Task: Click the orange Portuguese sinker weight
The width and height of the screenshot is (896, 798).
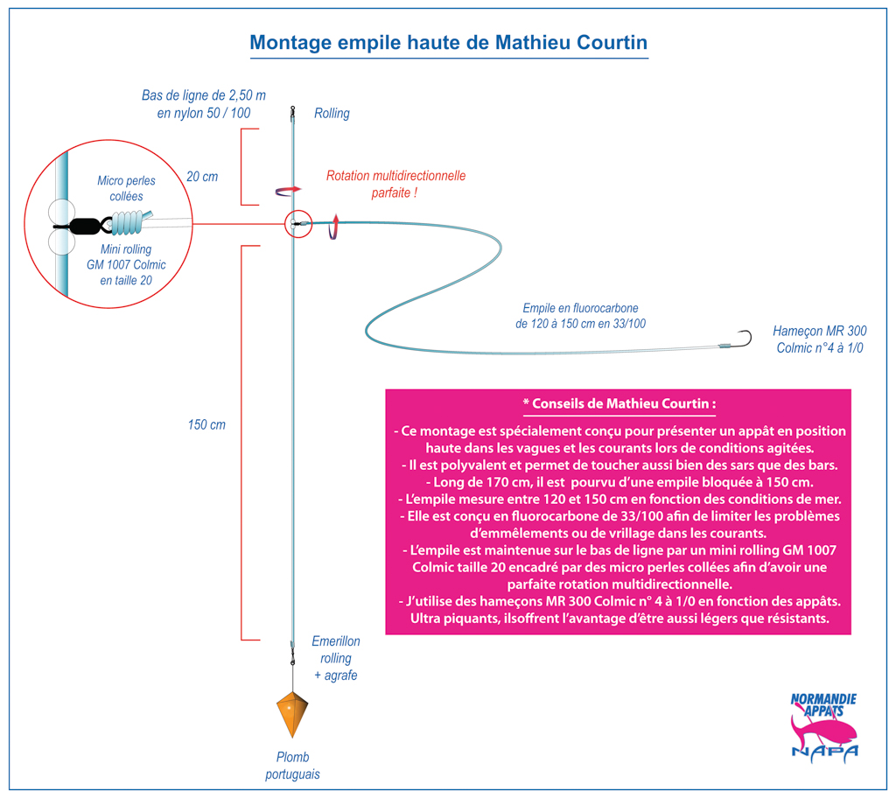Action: (292, 713)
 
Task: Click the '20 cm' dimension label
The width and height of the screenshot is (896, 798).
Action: (202, 177)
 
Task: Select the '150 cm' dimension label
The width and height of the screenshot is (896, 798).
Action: (206, 424)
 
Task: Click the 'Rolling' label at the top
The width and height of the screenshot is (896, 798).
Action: (332, 113)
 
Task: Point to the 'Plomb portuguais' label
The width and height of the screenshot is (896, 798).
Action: (292, 766)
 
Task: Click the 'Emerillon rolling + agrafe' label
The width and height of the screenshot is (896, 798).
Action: (336, 658)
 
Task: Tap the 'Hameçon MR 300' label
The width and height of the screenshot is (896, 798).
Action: (819, 331)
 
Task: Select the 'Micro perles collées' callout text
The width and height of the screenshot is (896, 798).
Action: (126, 189)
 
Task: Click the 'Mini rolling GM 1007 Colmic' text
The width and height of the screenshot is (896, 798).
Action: (126, 257)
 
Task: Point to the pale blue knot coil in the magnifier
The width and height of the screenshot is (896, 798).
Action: (127, 222)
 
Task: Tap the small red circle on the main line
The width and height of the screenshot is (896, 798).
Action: (298, 223)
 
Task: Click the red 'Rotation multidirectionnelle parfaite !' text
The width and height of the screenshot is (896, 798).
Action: (395, 184)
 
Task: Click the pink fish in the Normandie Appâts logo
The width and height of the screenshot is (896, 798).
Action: (822, 729)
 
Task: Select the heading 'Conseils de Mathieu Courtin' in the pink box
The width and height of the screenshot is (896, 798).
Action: (619, 403)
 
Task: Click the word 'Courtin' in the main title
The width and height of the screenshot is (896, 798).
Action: (612, 42)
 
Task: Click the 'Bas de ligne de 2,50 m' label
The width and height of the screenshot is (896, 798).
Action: (203, 95)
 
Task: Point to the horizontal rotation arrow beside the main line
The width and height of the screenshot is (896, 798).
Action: (288, 191)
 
